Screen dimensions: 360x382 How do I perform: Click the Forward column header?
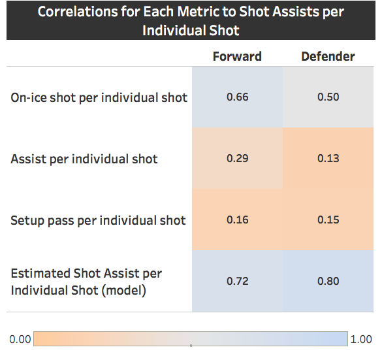pos(237,56)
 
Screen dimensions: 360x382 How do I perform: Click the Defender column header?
pos(328,56)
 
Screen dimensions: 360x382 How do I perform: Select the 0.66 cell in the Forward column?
pos(237,97)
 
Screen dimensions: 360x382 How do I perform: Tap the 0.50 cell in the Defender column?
pos(328,97)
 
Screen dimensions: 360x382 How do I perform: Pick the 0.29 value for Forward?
pos(237,159)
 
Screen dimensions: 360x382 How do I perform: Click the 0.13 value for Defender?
pos(328,159)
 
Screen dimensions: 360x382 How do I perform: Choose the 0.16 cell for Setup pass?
pos(237,220)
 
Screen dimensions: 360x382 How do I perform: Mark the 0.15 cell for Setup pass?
pos(328,220)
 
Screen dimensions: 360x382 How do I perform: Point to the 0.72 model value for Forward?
pos(237,282)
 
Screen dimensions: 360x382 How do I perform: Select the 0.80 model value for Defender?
pos(328,282)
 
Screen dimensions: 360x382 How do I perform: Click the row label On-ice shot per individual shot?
pos(99,98)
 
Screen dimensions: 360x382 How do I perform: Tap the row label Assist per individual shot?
pos(84,159)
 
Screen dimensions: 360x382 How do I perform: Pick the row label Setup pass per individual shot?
pos(98,220)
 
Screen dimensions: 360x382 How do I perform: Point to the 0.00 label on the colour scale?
pos(20,340)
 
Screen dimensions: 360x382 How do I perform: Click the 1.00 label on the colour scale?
pos(361,340)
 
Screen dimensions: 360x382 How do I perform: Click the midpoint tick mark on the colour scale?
pos(191,344)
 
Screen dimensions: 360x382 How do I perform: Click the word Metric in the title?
pos(200,12)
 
